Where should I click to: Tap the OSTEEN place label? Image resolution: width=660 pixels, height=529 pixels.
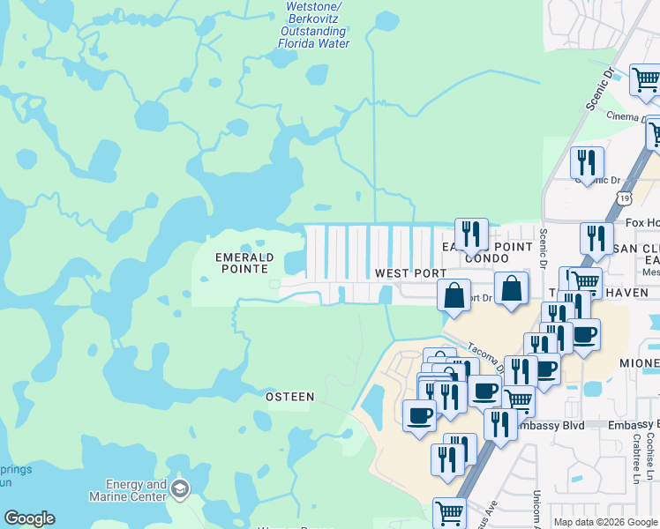290,397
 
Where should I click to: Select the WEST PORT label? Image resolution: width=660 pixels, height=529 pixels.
410,274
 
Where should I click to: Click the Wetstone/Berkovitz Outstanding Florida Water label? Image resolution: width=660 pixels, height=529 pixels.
314,25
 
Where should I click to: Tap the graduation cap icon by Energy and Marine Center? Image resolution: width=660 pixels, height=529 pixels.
181,489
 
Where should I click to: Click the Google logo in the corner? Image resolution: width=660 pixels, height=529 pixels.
29,518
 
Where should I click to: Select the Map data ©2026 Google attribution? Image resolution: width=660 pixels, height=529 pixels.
604,522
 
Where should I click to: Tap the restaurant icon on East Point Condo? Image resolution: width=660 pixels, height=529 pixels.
471,234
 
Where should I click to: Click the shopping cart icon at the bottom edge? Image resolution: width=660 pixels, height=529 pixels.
450,512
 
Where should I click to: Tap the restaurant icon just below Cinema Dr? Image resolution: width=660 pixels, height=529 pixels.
587,162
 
